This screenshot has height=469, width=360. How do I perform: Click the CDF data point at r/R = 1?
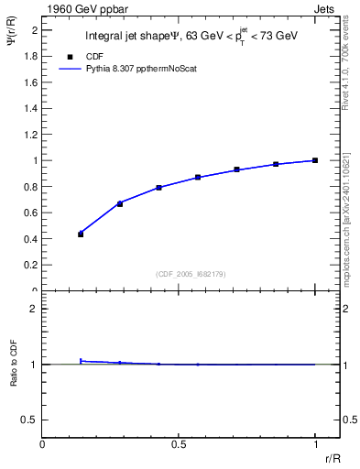pos(315,160)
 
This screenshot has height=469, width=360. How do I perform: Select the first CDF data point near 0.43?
pos(81,234)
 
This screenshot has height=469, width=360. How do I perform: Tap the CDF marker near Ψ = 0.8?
pos(158,188)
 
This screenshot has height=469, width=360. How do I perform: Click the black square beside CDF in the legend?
pos(70,56)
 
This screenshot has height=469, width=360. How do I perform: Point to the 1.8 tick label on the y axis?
pos(30,56)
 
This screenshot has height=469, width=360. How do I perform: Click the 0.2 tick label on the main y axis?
pos(30,265)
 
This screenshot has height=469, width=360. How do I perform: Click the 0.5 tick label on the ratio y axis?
pos(30,420)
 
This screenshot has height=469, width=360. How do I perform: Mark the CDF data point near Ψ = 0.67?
pos(119,203)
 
